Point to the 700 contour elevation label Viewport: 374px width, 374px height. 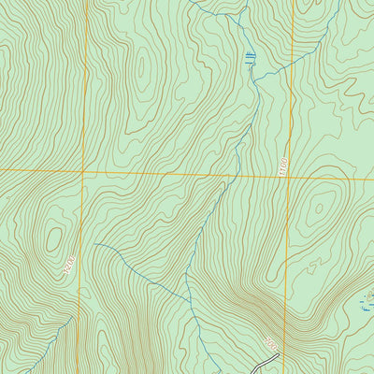pyautogui.click(x=271, y=347)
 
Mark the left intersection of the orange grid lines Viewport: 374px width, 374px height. pyautogui.click(x=83, y=172)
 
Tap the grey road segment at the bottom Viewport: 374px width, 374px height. pyautogui.click(x=256, y=367)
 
